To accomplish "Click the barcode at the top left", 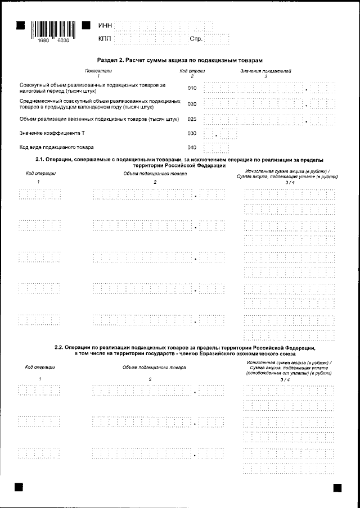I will click(x=53, y=29).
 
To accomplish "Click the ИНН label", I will click(x=105, y=26).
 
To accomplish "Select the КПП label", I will click(x=105, y=39).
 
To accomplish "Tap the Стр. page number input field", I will click(x=217, y=39).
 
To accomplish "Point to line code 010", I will click(x=192, y=88).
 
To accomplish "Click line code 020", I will click(x=192, y=104).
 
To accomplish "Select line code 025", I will click(x=192, y=119).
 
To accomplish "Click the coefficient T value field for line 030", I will click(x=220, y=134).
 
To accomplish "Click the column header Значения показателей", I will click(x=265, y=71).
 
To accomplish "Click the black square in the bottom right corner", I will click(x=337, y=488).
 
